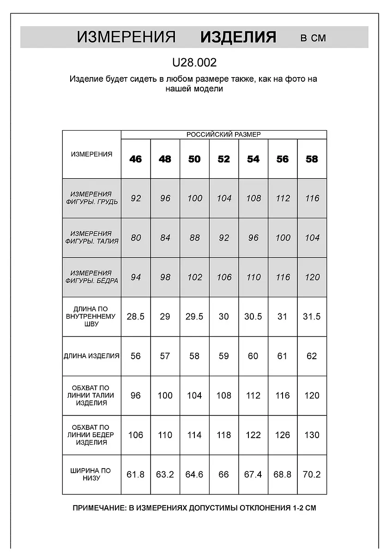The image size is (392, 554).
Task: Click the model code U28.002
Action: point(194,62)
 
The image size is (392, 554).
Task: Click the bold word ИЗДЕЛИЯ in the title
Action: point(238,37)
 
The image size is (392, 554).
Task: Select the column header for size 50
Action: point(194,159)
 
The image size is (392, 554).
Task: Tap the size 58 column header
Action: point(312,159)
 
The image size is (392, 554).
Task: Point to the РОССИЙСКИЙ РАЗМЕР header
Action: point(223,134)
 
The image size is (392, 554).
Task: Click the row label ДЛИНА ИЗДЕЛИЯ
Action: point(91,356)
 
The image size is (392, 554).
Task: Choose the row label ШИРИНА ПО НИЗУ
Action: point(91,474)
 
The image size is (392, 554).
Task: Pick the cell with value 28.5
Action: point(136,317)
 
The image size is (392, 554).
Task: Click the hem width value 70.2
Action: point(312,474)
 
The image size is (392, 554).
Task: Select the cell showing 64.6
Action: point(194,474)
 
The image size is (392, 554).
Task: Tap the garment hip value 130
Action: point(312,435)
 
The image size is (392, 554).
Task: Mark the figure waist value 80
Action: point(136,238)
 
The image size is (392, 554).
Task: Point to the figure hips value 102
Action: point(194,277)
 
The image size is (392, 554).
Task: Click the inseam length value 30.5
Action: point(253,317)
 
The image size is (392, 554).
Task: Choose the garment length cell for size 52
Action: point(224,356)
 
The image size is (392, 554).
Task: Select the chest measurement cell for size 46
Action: point(136,199)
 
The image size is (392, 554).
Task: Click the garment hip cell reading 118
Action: point(224,435)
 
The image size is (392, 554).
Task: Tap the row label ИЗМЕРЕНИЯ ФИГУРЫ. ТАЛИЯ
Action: point(91,237)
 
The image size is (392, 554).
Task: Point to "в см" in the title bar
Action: point(313,38)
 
